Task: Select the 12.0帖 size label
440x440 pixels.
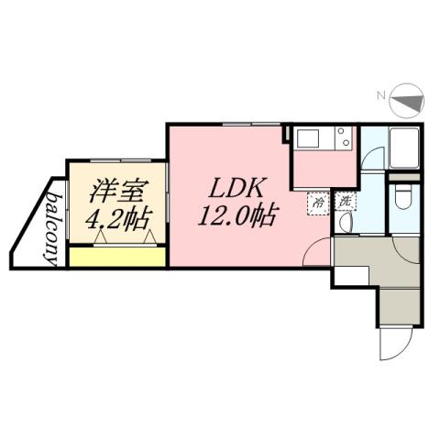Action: (x=236, y=216)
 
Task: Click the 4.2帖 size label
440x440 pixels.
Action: (x=117, y=222)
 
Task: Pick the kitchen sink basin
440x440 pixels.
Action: (x=306, y=138)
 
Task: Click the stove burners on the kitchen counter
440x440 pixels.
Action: (x=342, y=138)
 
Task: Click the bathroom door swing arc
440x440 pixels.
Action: (x=370, y=158)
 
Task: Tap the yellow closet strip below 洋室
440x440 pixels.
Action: (x=117, y=256)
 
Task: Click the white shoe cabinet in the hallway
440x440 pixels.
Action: (x=350, y=275)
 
